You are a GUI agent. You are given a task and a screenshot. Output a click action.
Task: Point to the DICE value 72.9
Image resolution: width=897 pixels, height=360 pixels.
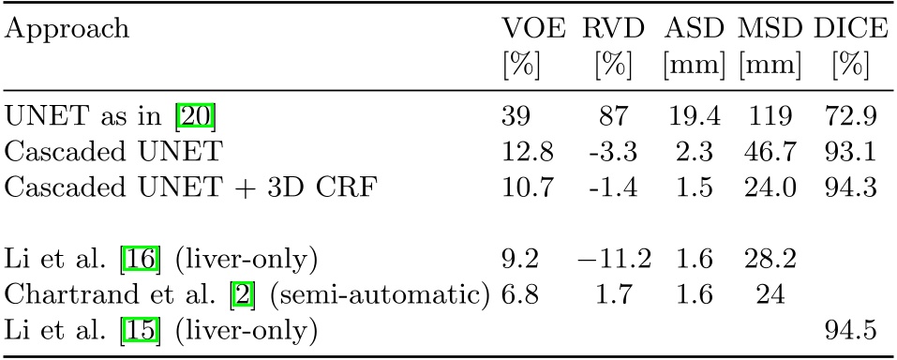click(x=850, y=116)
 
